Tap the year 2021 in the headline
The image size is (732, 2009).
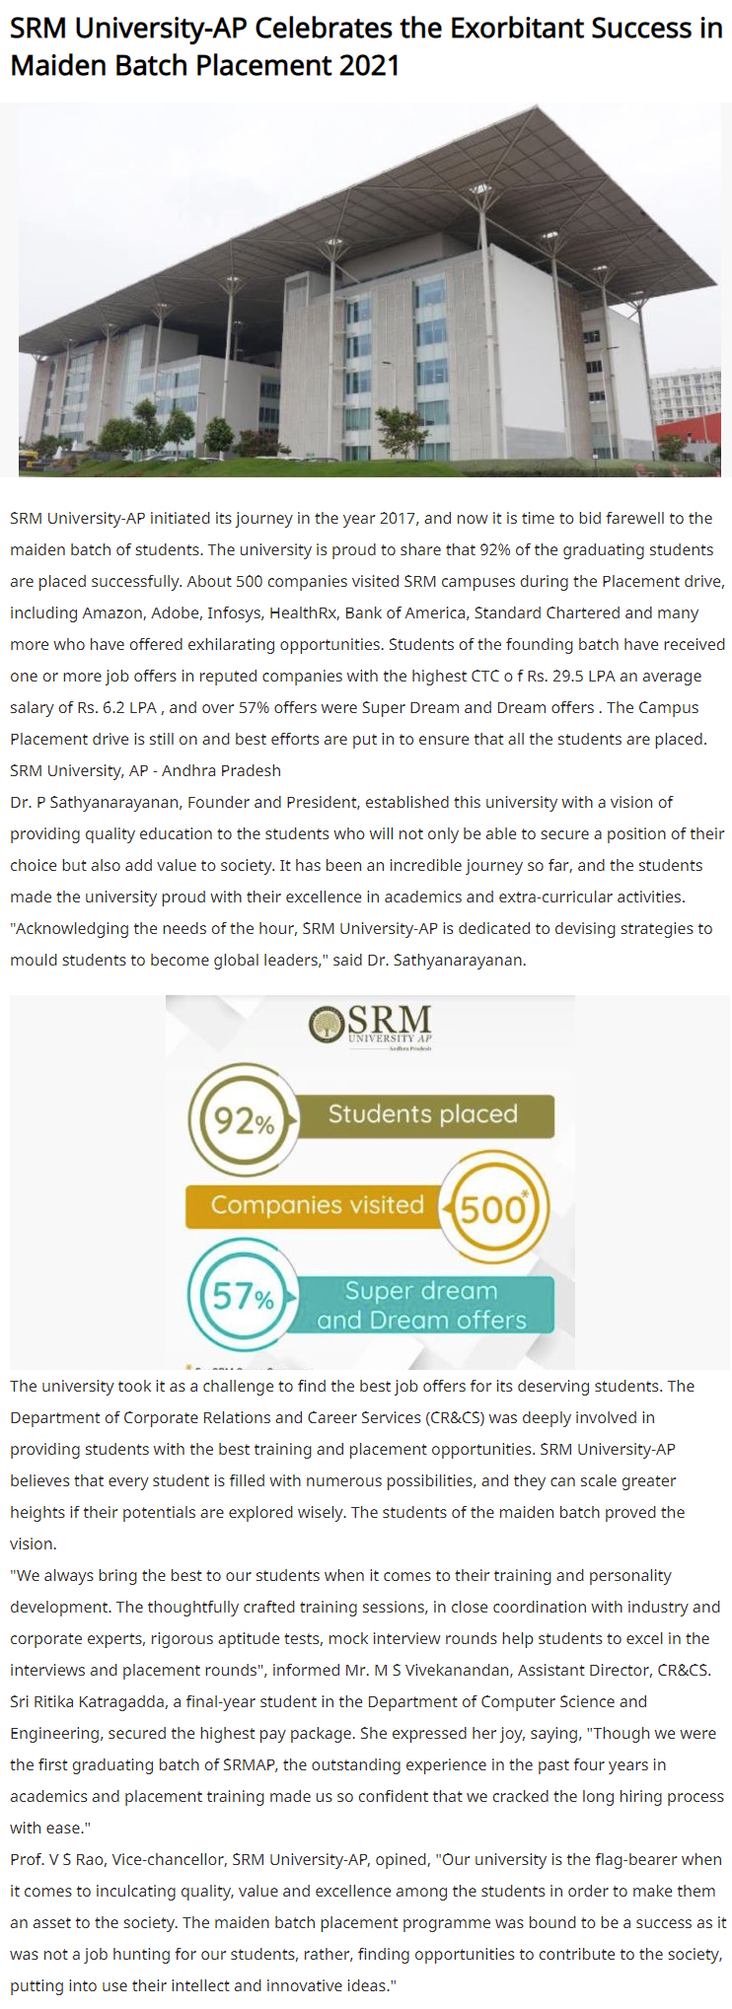click(369, 65)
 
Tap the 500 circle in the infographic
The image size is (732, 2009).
click(493, 1207)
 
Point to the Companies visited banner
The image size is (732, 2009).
click(317, 1205)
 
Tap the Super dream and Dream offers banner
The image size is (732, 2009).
click(421, 1305)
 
